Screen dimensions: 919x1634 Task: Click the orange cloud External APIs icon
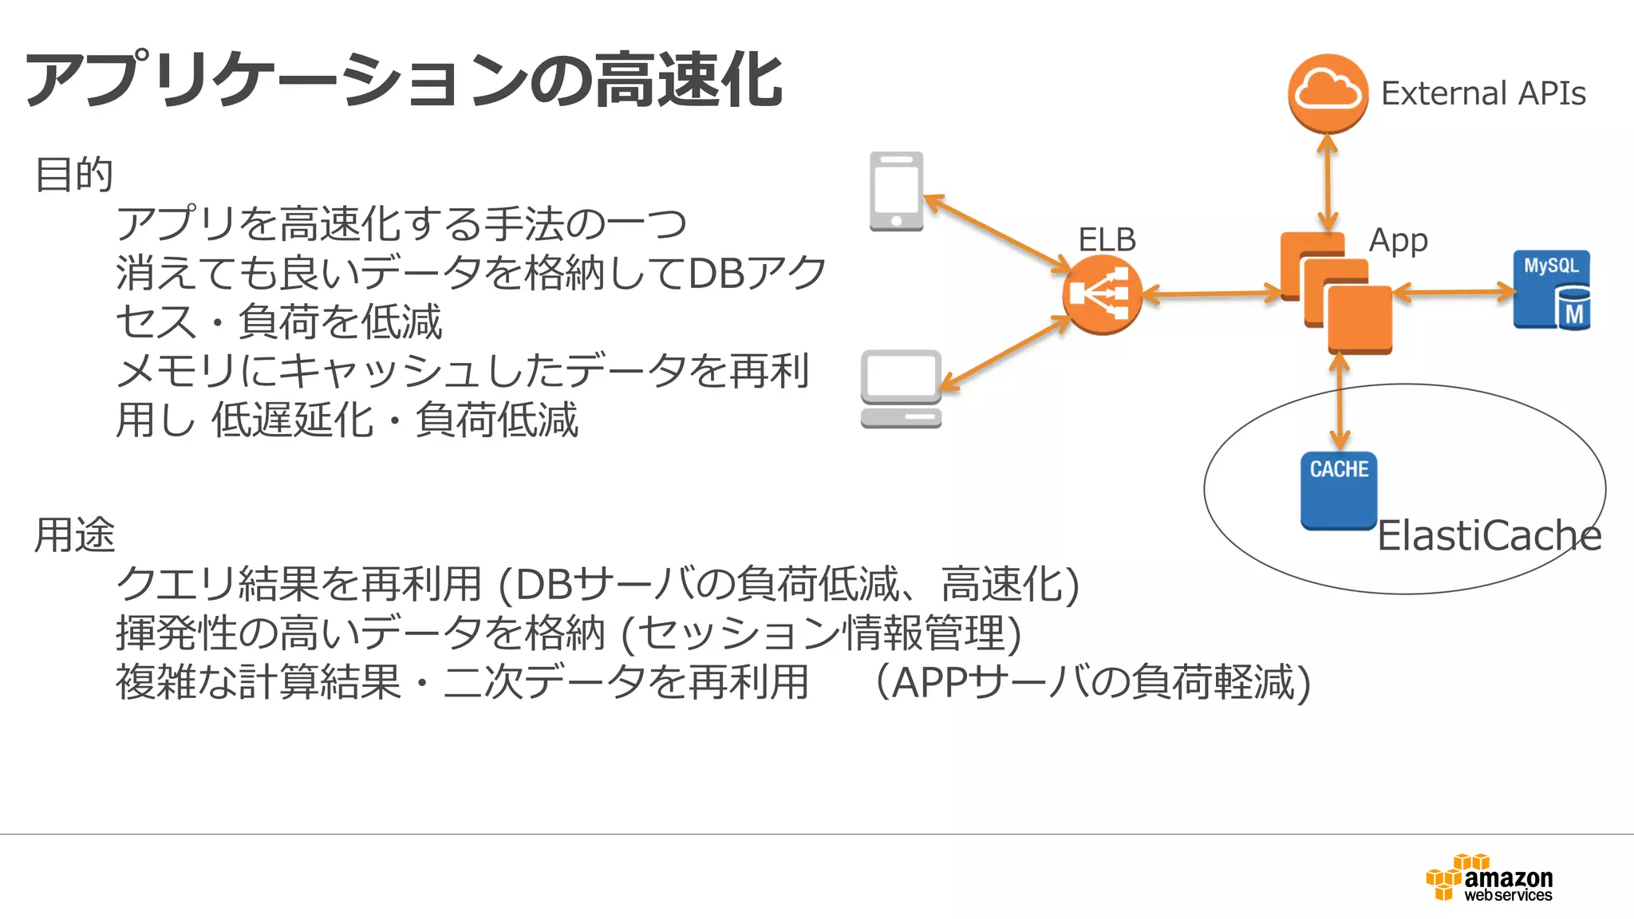1328,93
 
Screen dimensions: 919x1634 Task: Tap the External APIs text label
1482,93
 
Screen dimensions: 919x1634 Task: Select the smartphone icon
896,191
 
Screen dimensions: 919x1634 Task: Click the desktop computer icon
901,389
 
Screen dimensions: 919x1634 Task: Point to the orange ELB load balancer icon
1102,294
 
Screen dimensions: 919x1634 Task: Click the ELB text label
1107,239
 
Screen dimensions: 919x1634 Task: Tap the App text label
1398,240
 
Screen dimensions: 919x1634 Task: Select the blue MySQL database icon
1551,290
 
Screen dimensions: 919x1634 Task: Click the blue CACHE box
1339,490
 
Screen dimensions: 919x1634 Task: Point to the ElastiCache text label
1489,535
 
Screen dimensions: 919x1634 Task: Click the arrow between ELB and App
1211,294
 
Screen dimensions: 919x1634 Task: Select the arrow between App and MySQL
1453,293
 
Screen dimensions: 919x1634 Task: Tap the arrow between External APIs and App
1328,183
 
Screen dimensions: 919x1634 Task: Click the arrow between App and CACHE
1340,402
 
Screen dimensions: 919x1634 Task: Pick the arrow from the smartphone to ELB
997,233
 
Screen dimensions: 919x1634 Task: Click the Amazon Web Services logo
1489,878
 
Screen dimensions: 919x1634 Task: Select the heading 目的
74,174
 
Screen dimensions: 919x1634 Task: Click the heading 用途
74,534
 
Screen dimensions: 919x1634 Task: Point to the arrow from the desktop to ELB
1005,355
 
